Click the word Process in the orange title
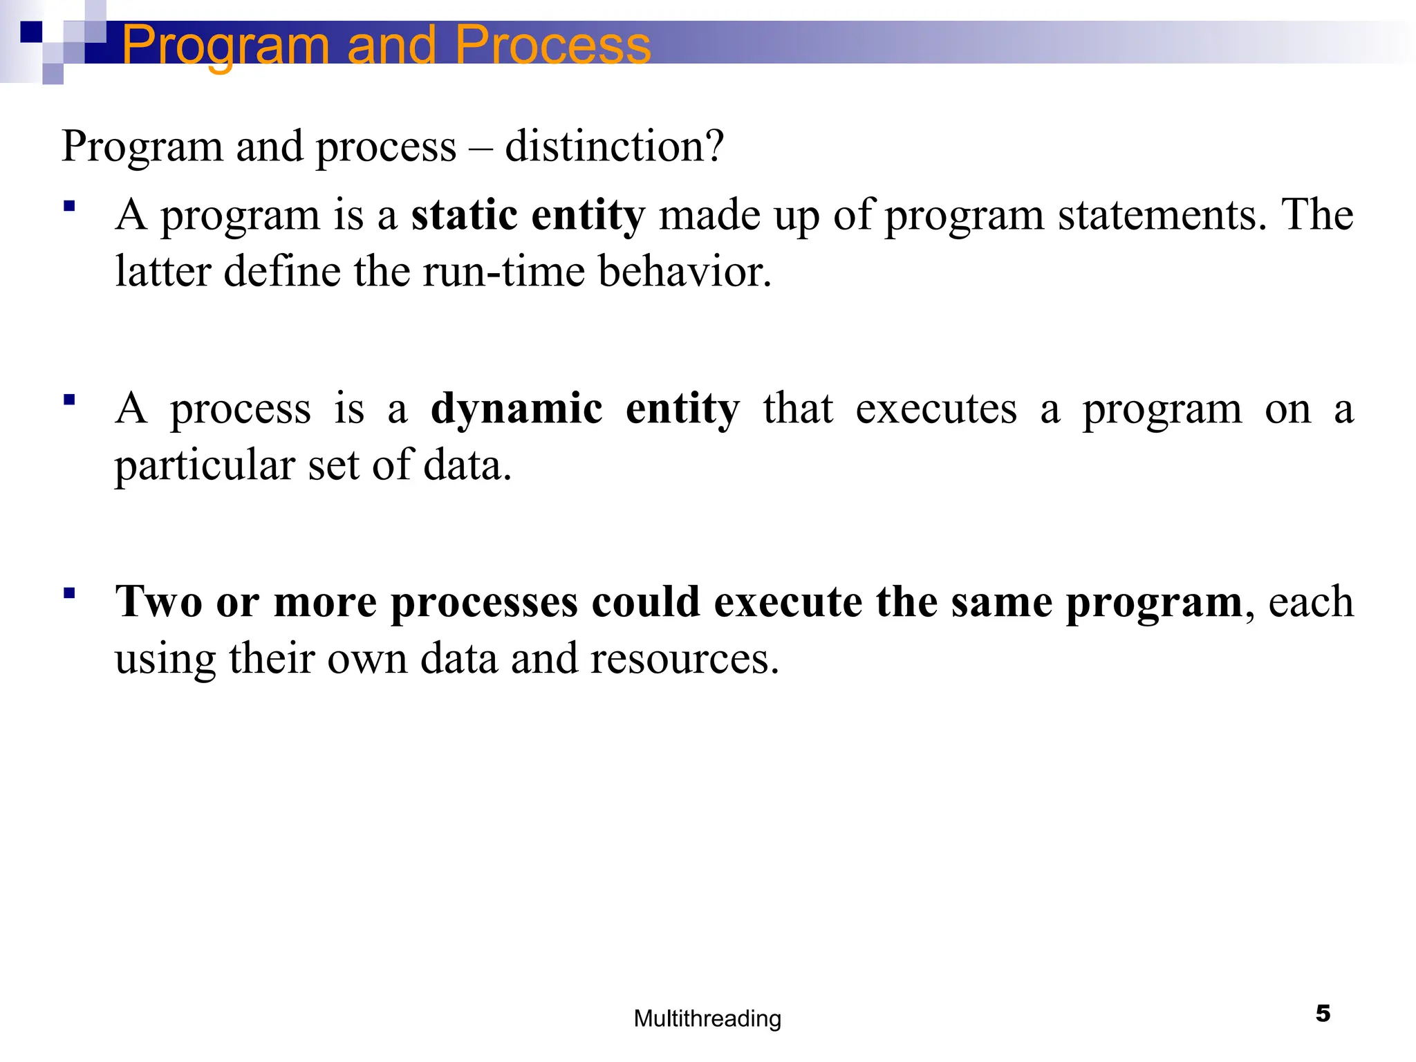(x=552, y=44)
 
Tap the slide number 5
(x=1323, y=1014)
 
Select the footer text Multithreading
(x=707, y=1018)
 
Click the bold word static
(x=464, y=215)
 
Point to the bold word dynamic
(x=516, y=409)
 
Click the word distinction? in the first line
(x=615, y=147)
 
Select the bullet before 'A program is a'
(x=69, y=206)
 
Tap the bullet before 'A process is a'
(x=69, y=400)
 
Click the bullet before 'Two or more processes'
(x=69, y=593)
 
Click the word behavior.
(x=684, y=271)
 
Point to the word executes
(x=936, y=409)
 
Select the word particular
(x=205, y=465)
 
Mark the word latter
(x=162, y=271)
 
